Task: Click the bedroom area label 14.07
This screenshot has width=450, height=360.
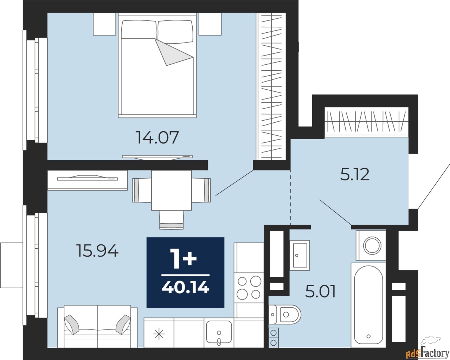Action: tap(157, 137)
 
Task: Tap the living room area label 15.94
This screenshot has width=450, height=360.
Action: tap(97, 251)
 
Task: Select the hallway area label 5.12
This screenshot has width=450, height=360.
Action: tap(355, 174)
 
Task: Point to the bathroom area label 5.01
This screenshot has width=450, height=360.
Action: tap(320, 291)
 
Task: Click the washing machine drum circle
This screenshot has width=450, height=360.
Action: tap(372, 245)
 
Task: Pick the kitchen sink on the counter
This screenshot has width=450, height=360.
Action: tap(219, 332)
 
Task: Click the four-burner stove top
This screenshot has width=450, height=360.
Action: tap(249, 288)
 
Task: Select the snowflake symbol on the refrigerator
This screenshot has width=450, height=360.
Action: tap(159, 333)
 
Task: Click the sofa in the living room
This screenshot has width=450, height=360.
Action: tap(97, 327)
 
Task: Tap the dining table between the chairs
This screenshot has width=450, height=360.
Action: tap(171, 190)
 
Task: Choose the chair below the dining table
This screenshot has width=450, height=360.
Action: tap(171, 220)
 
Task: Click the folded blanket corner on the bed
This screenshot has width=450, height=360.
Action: tap(173, 53)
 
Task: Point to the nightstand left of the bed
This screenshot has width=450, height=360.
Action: tap(104, 24)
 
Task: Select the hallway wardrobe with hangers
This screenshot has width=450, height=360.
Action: tap(366, 122)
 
